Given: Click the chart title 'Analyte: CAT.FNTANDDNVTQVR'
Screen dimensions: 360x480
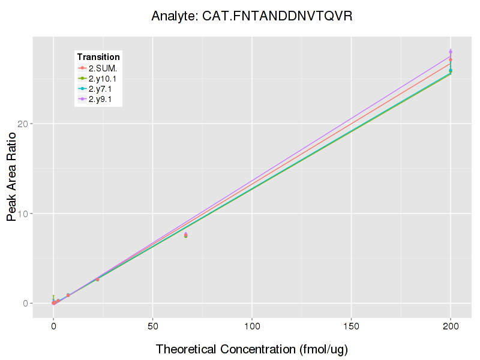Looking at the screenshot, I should [251, 16].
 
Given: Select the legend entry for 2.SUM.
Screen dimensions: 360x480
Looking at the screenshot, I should [103, 68].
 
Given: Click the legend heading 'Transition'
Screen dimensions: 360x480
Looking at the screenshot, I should [98, 57].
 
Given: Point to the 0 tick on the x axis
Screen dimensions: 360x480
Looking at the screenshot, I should [53, 326].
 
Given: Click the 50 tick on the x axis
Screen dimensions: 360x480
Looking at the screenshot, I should [152, 326].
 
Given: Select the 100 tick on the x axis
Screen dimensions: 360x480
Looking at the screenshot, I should [252, 326].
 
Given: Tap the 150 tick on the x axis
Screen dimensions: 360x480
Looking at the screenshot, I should [351, 326].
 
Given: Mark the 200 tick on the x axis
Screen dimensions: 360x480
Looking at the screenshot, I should [451, 326].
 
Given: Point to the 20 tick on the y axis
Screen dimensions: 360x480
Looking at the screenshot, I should [24, 124].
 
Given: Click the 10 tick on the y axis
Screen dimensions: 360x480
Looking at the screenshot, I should [24, 214].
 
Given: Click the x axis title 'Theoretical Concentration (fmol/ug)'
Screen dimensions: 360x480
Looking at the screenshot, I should [252, 349].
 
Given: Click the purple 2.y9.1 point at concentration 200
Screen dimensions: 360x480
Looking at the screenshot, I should [451, 52].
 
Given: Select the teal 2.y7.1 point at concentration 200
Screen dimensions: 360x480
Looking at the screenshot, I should [451, 70].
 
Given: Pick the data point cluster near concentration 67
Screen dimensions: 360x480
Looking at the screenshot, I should [186, 235].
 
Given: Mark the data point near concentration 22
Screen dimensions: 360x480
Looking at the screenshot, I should [97, 279].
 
